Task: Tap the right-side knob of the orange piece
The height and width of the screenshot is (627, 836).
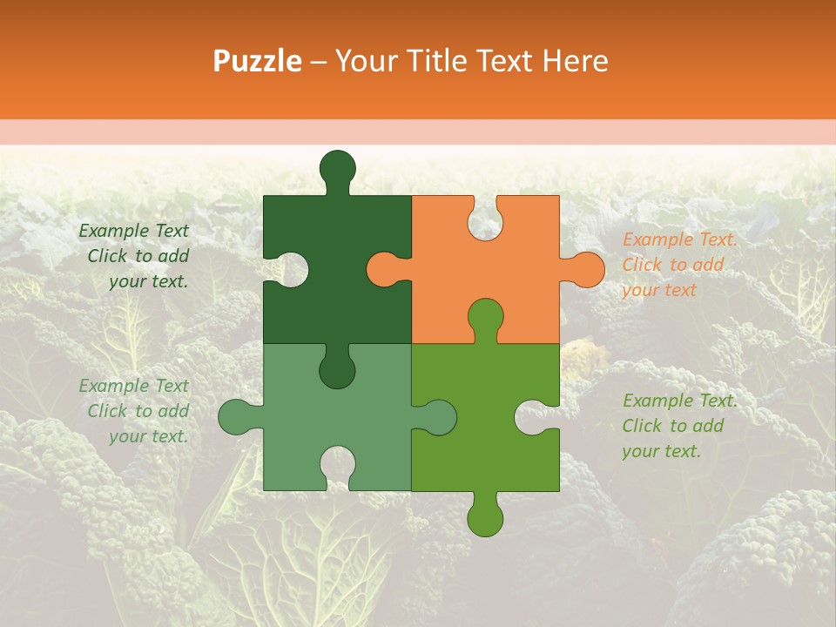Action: click(x=586, y=269)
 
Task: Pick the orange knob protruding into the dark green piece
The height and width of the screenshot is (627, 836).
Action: click(x=383, y=269)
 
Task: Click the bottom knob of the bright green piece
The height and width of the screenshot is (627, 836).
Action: click(x=485, y=517)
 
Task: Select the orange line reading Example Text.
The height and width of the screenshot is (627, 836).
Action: click(x=679, y=239)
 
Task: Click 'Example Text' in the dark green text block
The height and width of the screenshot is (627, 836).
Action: click(x=133, y=231)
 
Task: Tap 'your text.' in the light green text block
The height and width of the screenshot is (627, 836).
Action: click(x=148, y=436)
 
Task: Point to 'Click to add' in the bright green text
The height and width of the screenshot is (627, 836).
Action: click(x=672, y=426)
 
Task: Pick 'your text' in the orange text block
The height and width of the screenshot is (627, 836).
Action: click(x=659, y=290)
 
